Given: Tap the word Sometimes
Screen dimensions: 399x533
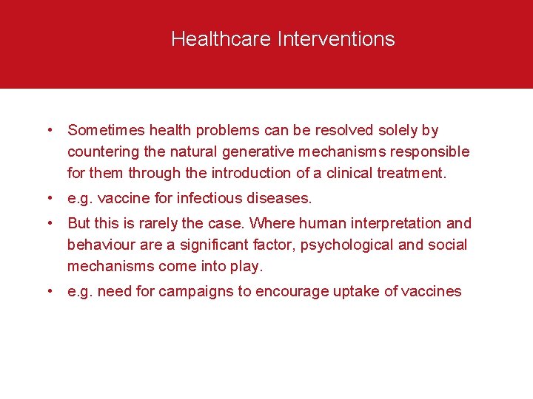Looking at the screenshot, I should click(106, 131).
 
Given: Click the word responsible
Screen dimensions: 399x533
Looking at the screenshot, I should click(433, 152).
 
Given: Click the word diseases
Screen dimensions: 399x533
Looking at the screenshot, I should click(282, 199).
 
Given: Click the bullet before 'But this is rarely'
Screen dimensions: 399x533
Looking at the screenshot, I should click(49, 223).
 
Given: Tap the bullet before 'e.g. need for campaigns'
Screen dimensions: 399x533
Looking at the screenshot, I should click(49, 291).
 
